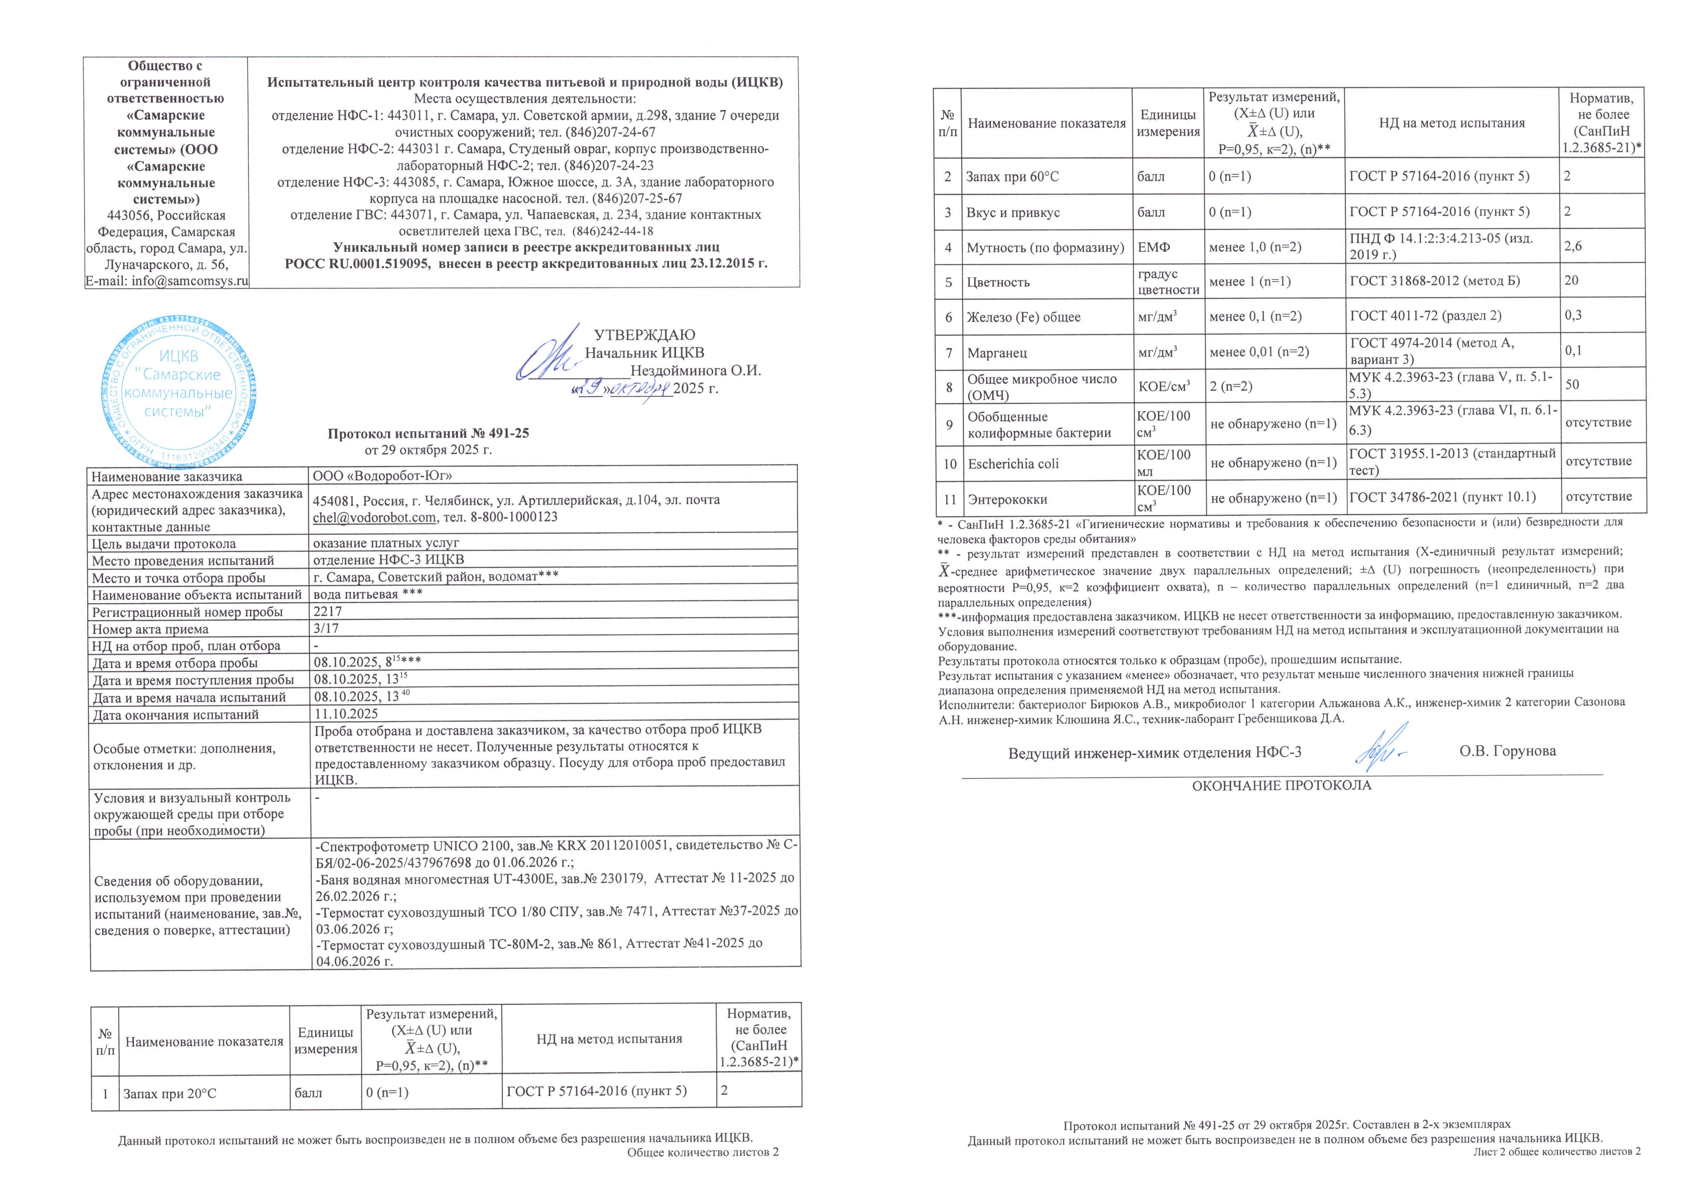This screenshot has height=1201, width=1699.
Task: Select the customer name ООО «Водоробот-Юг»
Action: pos(382,476)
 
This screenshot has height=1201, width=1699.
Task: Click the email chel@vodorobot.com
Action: pos(374,517)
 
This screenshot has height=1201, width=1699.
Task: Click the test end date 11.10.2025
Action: pos(345,714)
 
